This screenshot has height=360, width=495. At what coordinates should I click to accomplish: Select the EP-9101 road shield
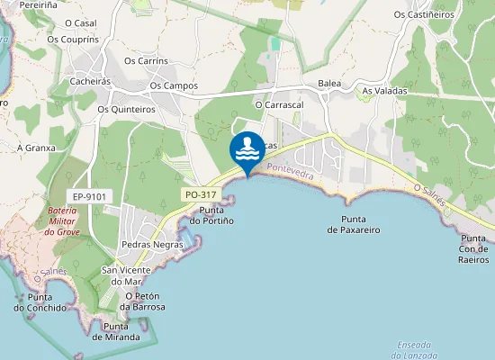pos(89,195)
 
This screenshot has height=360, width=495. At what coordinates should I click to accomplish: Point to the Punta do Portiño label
pos(216,216)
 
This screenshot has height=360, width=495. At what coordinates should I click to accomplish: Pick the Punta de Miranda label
pos(115,331)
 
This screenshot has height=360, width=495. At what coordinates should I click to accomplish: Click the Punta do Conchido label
pos(40,301)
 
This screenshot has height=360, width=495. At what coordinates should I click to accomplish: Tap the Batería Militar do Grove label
pos(63,220)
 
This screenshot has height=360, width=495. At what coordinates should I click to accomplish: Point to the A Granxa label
pos(36,147)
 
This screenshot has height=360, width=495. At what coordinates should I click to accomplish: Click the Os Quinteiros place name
pos(126,109)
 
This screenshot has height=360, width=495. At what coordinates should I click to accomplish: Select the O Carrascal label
pos(279,104)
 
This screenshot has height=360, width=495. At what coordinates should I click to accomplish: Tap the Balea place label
pos(329,84)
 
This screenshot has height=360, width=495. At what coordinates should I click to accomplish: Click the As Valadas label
pos(384,91)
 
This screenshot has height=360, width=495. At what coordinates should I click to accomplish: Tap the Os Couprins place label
pos(72,39)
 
